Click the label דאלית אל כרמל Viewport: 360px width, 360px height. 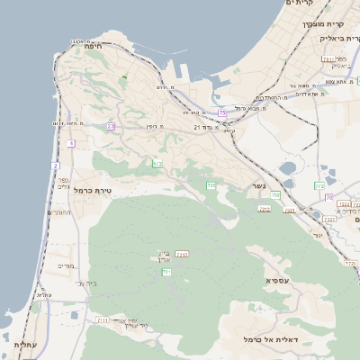coord(269,339)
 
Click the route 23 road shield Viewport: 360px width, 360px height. coord(111,127)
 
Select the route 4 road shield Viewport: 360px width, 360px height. coord(71,142)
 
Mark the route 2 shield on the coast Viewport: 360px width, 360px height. coord(55,166)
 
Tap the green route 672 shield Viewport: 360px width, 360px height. coord(157,163)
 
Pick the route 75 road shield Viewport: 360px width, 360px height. coord(221,112)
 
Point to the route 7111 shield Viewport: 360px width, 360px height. coord(103,319)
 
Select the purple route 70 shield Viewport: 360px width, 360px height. coord(330,196)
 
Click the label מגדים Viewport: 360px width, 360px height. coord(65,265)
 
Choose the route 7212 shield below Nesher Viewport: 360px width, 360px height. coord(265,208)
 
